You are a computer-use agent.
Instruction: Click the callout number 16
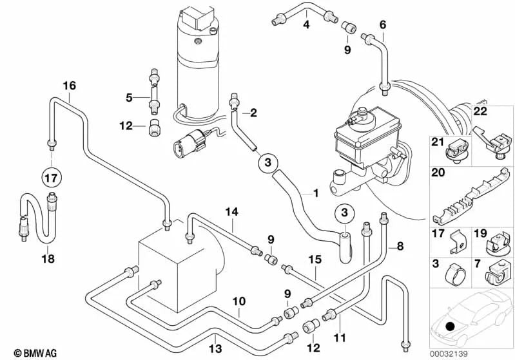[69, 86]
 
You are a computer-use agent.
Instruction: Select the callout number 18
[48, 259]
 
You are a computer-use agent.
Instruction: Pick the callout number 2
[253, 113]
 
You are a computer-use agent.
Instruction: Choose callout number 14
[231, 211]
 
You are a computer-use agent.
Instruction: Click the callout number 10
[239, 301]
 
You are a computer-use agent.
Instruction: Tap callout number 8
[400, 245]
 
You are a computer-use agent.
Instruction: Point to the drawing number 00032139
[492, 352]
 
